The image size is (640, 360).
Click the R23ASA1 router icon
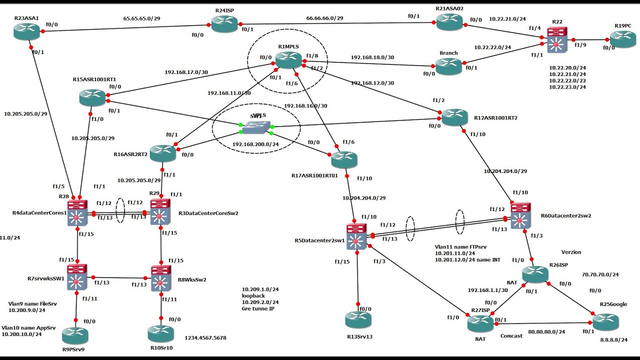coord(26,31)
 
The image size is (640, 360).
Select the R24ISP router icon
coord(224,23)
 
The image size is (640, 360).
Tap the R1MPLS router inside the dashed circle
coord(288,59)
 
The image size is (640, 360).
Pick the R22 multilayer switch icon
coord(554,40)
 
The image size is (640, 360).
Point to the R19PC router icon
coord(622,39)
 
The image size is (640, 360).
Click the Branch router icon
coord(448,66)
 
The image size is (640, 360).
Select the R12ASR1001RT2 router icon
coord(454,117)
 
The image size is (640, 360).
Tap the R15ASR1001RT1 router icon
coord(92,97)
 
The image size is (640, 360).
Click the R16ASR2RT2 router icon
coord(162,153)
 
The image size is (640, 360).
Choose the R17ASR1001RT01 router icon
coord(344,159)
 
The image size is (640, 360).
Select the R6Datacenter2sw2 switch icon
coord(520,215)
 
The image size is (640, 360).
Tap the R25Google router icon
coord(605,321)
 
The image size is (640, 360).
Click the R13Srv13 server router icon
coord(358,319)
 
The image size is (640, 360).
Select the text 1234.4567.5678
coord(205,338)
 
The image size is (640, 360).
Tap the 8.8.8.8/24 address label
coord(613,339)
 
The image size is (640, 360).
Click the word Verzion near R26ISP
coord(571,252)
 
